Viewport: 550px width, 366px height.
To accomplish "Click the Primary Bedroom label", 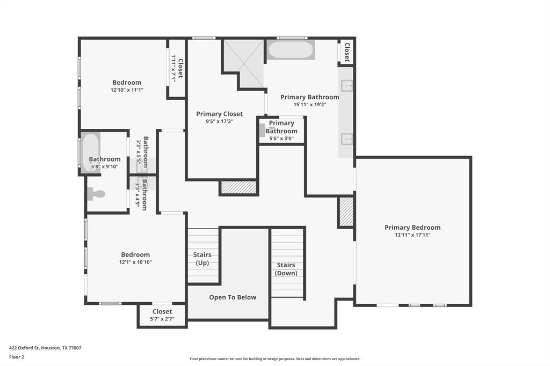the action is [412, 227].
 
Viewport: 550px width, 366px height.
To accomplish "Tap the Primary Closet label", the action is [219, 114].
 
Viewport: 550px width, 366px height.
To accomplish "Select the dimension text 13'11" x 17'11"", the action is [412, 235].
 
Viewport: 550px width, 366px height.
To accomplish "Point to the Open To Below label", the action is [233, 297].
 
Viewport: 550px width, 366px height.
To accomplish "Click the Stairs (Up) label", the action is [202, 259].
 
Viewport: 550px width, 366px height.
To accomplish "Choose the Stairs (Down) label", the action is [286, 269].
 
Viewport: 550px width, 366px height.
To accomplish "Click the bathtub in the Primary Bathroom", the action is [291, 50].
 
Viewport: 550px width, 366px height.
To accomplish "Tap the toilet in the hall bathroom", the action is [96, 194].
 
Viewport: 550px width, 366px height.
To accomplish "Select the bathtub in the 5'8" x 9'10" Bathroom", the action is [91, 152].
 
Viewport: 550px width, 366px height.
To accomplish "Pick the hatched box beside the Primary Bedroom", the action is [346, 212].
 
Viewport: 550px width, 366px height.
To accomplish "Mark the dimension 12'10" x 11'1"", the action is [127, 90].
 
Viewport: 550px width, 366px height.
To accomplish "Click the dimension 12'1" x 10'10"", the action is [135, 262].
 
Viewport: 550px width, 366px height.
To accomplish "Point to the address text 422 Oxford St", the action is [24, 348].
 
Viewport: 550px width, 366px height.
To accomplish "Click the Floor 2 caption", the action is [17, 357].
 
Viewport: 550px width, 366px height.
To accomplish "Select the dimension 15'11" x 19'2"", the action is [310, 105].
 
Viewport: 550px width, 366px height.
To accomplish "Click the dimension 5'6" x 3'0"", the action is [281, 138].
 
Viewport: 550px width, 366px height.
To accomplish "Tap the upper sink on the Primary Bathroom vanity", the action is [347, 85].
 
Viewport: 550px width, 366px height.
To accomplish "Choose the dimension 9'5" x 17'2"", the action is [219, 121].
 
